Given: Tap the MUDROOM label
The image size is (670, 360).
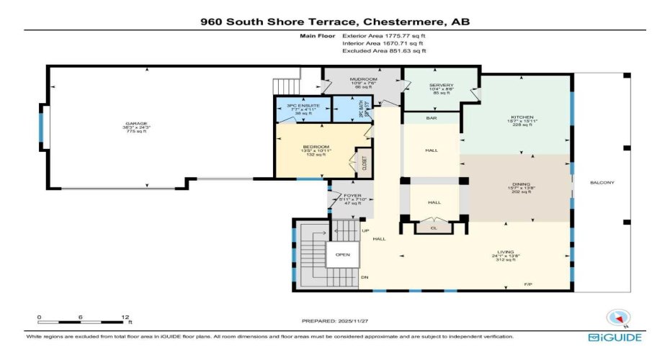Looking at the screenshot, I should (363, 78).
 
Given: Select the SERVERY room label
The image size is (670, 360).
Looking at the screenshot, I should (441, 85).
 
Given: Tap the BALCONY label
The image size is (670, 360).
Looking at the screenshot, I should (602, 182).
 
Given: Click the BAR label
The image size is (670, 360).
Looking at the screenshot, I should (432, 117).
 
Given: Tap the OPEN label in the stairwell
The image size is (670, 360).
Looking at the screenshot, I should (342, 254).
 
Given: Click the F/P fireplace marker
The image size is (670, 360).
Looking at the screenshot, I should (528, 286).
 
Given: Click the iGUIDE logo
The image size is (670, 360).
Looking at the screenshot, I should (615, 338).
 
